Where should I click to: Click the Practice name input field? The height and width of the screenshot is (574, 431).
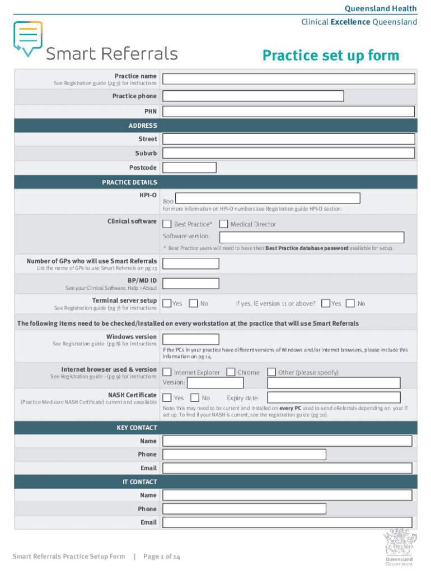coord(288,79)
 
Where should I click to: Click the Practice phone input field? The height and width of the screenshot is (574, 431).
coord(252,96)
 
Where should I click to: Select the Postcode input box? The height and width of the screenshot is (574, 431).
coord(189,167)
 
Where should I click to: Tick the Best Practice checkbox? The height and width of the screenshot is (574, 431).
coord(167,224)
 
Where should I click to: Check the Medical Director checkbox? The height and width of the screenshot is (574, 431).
coord(223,224)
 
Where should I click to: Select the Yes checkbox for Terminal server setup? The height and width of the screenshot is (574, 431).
coord(167,303)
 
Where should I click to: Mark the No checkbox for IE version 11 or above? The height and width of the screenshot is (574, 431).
coord(350,303)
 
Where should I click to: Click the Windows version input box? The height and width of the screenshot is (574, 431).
coord(190,339)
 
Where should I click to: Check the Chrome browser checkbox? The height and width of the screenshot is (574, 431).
coord(231,372)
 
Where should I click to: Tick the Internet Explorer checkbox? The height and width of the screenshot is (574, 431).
coord(167,372)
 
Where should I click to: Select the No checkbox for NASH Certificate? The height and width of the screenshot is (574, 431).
coord(194,397)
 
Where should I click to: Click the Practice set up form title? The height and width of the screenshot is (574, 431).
coord(331,55)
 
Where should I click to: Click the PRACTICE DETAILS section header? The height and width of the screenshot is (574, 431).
coord(129,182)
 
